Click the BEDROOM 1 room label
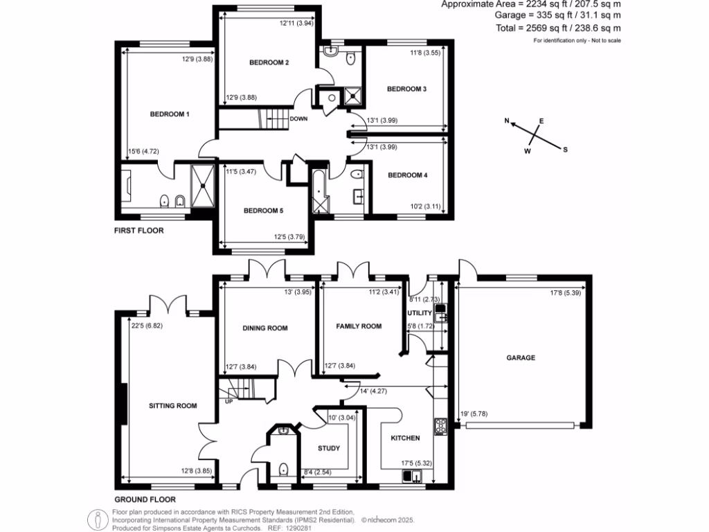(x=170, y=114)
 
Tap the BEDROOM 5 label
(x=262, y=211)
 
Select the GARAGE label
(x=521, y=358)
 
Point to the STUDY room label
(x=329, y=448)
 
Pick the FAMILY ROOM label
(x=359, y=326)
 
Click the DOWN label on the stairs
(x=299, y=118)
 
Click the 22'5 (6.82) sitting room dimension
(x=150, y=323)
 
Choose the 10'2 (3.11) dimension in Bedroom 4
(x=424, y=206)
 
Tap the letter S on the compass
(x=565, y=150)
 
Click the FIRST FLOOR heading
(x=138, y=231)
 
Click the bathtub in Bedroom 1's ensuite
(x=130, y=184)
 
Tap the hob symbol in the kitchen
(x=438, y=425)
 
